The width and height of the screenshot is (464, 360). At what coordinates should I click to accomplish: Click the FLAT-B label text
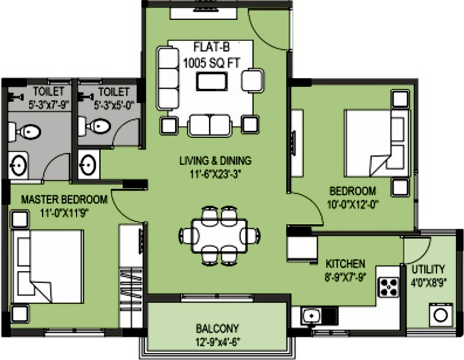(x=211, y=47)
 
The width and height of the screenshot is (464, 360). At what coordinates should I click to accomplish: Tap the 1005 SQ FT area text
(x=211, y=63)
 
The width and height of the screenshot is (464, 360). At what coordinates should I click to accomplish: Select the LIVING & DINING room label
(x=216, y=161)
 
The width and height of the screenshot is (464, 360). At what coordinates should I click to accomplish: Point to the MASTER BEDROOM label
(x=64, y=200)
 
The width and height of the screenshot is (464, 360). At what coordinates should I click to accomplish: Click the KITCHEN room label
(x=345, y=264)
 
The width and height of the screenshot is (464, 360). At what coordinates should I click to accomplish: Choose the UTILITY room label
(x=428, y=269)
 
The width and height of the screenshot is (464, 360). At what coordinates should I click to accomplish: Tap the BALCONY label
(x=217, y=329)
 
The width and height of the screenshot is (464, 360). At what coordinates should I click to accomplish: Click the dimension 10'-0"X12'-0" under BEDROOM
(x=353, y=205)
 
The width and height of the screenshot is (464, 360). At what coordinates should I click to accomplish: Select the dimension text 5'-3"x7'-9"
(x=48, y=105)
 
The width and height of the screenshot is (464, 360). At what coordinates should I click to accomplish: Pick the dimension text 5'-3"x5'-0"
(x=114, y=105)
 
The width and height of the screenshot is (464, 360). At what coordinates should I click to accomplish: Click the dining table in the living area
(x=219, y=236)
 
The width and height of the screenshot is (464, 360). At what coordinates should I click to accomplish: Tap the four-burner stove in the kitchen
(x=389, y=287)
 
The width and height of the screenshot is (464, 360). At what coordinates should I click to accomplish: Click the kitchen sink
(x=311, y=316)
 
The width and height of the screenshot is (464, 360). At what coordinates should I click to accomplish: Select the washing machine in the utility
(x=441, y=315)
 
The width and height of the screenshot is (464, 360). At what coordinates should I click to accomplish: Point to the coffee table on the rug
(x=212, y=81)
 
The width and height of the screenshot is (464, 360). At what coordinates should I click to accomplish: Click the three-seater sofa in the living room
(x=168, y=78)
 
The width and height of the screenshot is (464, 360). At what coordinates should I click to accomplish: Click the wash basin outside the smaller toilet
(x=88, y=164)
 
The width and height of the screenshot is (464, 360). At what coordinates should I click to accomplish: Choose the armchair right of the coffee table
(x=253, y=80)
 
